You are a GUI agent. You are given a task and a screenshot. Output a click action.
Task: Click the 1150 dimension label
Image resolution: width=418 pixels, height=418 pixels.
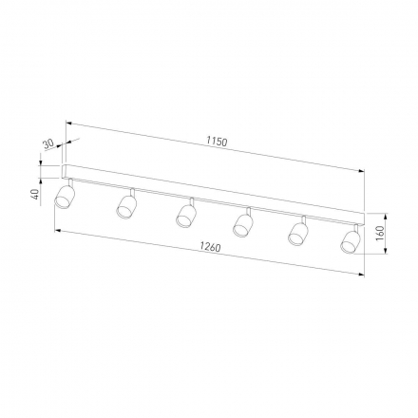[217, 142]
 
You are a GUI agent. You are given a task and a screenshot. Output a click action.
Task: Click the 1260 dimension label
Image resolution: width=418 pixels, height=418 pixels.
[210, 247]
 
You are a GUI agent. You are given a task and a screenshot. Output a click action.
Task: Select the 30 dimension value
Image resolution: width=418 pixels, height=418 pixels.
[48, 144]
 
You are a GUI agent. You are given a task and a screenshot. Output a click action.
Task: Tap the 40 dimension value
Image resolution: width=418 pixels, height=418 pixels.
[36, 194]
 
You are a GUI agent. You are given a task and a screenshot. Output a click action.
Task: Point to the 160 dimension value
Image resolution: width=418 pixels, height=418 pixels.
[380, 234]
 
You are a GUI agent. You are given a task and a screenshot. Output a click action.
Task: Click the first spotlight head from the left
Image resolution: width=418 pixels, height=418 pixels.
[65, 198]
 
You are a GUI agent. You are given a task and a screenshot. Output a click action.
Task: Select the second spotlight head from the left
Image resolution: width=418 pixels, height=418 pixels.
[126, 206]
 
